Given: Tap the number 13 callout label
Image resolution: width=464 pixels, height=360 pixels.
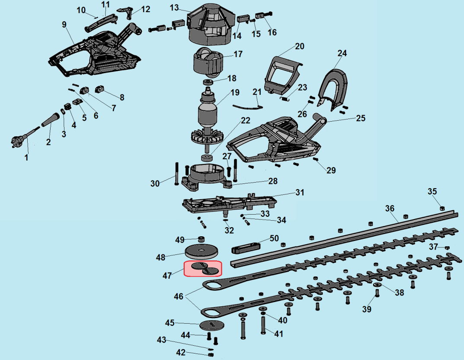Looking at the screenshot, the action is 174,7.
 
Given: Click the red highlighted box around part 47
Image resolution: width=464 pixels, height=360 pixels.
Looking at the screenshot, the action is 203,269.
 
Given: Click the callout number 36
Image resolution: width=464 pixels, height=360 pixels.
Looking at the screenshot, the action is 390,209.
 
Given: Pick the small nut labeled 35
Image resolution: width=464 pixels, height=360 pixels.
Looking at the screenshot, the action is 442,208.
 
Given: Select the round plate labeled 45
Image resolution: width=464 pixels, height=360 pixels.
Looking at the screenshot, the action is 212,325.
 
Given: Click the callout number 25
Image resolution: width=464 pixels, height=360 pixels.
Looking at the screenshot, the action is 361,118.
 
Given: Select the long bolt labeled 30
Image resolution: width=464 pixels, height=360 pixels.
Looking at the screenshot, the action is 177,174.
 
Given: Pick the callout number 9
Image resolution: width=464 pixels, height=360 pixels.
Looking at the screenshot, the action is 64,24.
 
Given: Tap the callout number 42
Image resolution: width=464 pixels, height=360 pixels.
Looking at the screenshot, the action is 180,352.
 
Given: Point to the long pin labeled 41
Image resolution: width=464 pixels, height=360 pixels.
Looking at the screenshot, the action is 263,325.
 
